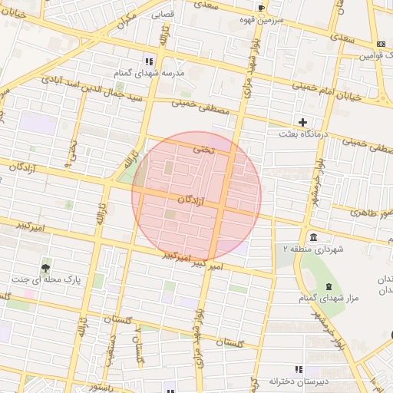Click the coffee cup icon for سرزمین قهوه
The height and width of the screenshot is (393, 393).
pos(262,8)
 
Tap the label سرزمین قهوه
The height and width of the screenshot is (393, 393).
pos(262,19)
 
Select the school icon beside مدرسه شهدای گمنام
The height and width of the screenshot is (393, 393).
pos(150,61)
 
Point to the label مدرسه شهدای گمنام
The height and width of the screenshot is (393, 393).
pos(150,72)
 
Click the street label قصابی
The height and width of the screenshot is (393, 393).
pos(162,14)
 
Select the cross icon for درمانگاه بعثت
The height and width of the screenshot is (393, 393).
pos(303,122)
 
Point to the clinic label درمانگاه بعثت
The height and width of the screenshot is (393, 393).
pos(303,134)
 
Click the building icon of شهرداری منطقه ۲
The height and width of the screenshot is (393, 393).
pos(313,236)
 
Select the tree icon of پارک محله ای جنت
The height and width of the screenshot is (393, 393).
pos(46,269)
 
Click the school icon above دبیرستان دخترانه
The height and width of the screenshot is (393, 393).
pos(298,369)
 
